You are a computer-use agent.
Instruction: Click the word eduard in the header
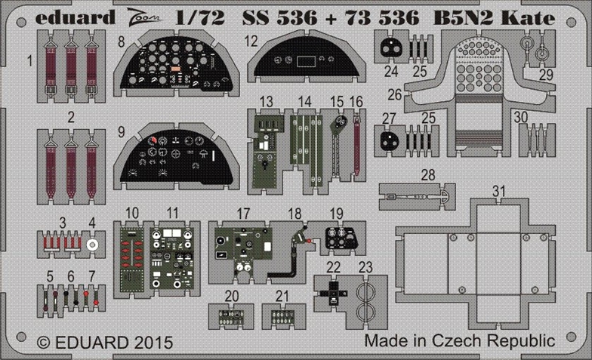click(x=76, y=18)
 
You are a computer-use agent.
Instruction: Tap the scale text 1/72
click(x=200, y=18)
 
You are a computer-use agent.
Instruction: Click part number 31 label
click(x=498, y=192)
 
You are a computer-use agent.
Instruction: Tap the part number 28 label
click(x=428, y=175)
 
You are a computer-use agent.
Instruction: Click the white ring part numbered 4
click(x=92, y=245)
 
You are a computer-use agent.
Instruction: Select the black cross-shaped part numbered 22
click(x=333, y=293)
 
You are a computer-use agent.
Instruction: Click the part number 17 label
click(x=243, y=214)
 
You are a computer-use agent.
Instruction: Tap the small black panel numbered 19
click(x=341, y=238)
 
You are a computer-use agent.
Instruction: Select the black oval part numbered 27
click(x=390, y=140)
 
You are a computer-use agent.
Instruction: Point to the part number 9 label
click(x=121, y=132)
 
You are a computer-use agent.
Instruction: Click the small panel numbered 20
click(x=231, y=317)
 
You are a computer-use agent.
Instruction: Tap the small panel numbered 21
click(x=282, y=317)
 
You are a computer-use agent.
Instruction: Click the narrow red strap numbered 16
click(x=356, y=145)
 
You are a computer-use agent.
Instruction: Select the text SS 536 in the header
click(x=279, y=18)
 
